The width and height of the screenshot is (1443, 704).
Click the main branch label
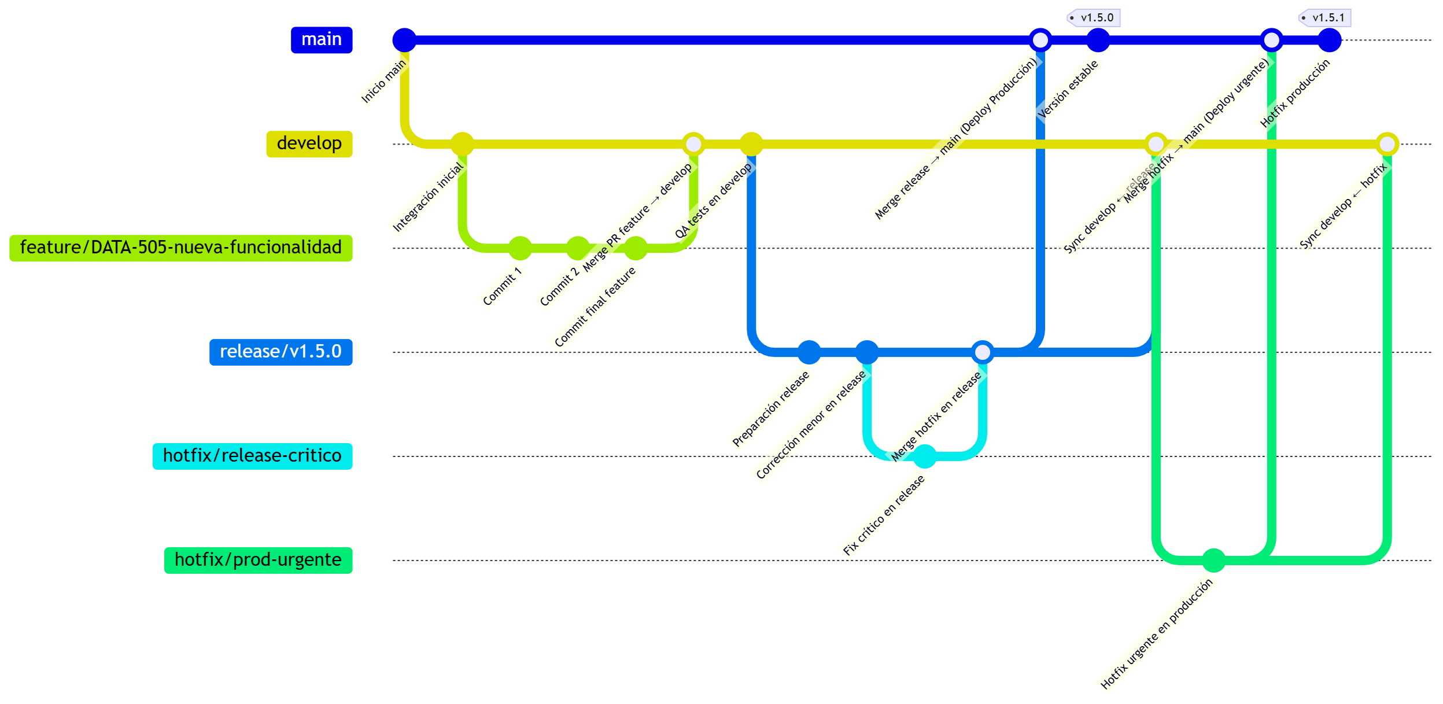[x=321, y=40]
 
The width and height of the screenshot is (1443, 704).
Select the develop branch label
[x=309, y=144]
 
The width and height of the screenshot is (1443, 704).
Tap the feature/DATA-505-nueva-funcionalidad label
[x=180, y=248]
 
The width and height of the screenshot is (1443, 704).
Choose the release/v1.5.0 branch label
[x=281, y=352]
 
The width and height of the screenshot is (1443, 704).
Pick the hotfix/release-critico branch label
[x=252, y=456]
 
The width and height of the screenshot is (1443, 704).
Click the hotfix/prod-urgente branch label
[x=258, y=561]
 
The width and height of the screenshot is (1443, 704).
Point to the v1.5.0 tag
[x=1094, y=18]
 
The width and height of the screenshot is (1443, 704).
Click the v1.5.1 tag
[x=1326, y=18]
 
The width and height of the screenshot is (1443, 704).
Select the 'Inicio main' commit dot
[x=404, y=40]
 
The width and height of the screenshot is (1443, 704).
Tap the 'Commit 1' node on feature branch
[x=520, y=248]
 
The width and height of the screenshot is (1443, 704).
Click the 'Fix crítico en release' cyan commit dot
[x=924, y=456]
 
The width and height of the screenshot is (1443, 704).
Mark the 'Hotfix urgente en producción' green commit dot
[x=1213, y=561]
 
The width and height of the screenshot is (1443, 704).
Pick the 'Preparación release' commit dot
[x=809, y=352]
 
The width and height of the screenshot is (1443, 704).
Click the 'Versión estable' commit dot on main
[x=1098, y=40]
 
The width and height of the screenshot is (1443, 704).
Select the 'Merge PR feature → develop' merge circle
[x=693, y=144]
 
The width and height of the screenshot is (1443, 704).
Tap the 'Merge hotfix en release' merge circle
[x=982, y=352]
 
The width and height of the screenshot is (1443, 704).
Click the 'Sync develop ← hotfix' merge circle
[x=1387, y=144]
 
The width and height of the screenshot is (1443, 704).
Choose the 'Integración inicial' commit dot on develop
[x=462, y=144]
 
